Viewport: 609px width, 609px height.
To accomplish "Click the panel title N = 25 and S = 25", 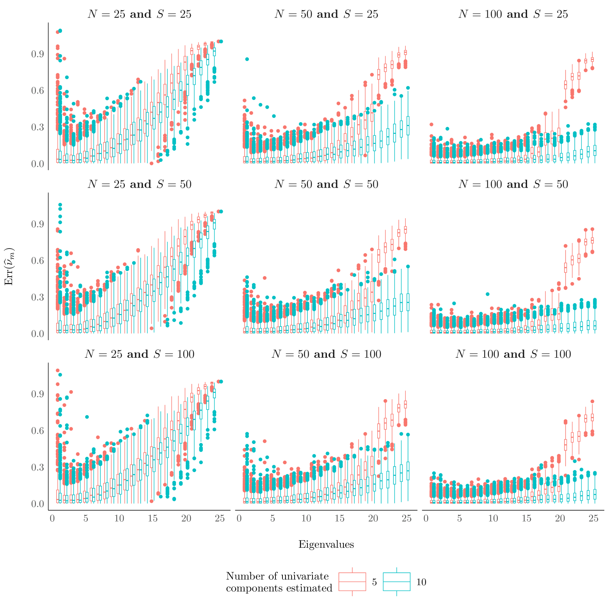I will pos(139,14).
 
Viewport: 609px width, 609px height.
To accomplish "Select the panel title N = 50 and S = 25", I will pos(326,14).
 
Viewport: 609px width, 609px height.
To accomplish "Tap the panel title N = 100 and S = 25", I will pos(513,14).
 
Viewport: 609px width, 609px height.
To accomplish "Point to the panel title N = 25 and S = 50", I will pos(139,185).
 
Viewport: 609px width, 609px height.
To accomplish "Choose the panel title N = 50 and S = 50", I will pos(326,185).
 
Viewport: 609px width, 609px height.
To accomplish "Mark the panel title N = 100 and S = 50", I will pos(513,185).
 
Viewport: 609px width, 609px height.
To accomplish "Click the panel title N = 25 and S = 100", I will pos(139,354).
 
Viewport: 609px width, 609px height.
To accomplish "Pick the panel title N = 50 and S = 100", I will pos(326,354).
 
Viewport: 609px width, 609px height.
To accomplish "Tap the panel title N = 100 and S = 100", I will pos(513,354).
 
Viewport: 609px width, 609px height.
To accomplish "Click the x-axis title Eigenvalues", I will pos(326,545).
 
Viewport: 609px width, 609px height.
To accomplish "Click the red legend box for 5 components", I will pos(352,582).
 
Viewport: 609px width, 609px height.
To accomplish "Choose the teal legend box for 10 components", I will pos(396,582).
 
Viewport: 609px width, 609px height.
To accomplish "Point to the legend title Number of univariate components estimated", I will pos(279,582).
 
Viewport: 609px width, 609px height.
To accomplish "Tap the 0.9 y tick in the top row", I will pos(37,54).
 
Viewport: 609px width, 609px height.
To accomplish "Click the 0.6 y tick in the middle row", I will pos(37,261).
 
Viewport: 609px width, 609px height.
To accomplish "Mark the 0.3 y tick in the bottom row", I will pos(37,467).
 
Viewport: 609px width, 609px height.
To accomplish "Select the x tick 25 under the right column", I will pos(593,518).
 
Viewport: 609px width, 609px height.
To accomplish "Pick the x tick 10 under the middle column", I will pos(306,518).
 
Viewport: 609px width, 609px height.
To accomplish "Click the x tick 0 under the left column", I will pos(52,518).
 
